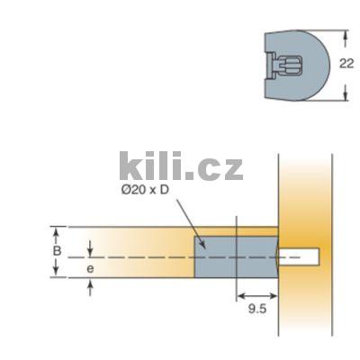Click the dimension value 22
346,64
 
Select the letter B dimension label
57,250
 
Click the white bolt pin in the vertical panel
298,256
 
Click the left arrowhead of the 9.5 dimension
238,295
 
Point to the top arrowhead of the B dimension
57,229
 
